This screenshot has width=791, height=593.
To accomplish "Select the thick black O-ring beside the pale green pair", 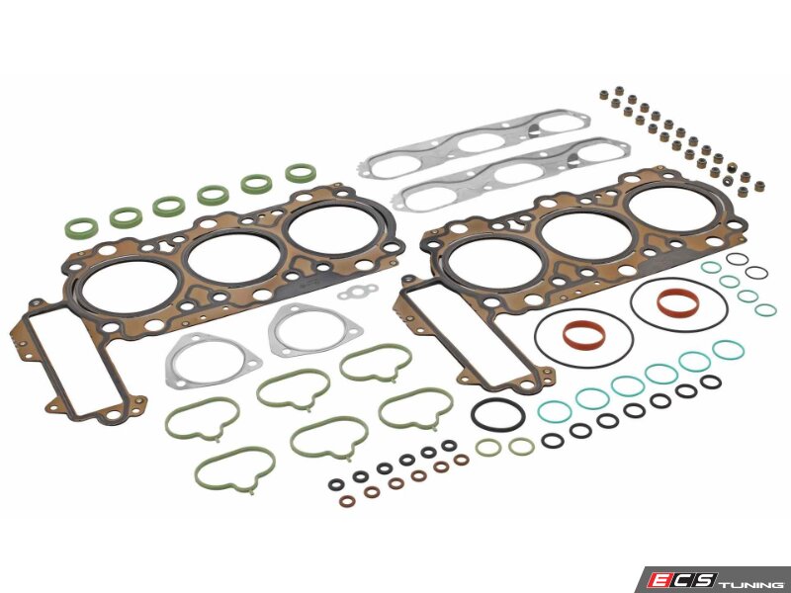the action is point(498,414).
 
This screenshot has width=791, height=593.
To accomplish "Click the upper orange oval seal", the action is point(678,300).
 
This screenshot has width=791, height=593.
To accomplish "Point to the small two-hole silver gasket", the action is point(358,292).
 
